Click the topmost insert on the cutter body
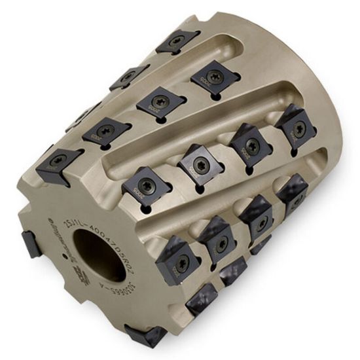(x=177, y=41)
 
